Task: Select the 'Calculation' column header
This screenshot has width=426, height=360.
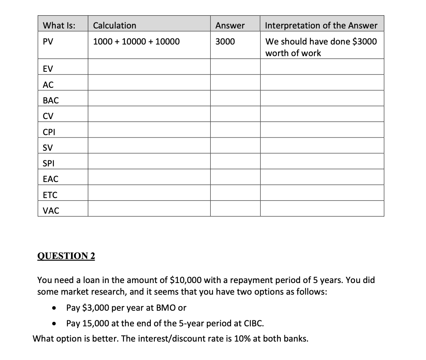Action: tap(114, 26)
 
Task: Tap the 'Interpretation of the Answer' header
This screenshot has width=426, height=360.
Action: tap(321, 26)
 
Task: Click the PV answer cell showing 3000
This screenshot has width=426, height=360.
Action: tap(225, 42)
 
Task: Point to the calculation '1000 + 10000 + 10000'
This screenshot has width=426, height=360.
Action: tap(136, 42)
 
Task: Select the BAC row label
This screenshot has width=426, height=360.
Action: tap(51, 101)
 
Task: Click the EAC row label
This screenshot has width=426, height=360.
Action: tap(51, 179)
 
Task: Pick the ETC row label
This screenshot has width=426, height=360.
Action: tap(50, 195)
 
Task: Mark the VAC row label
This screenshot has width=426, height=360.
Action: tap(51, 210)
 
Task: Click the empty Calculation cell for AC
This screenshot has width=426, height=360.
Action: tap(149, 85)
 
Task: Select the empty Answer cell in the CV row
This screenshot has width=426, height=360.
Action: tap(235, 116)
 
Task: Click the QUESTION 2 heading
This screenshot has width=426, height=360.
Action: tap(66, 256)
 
